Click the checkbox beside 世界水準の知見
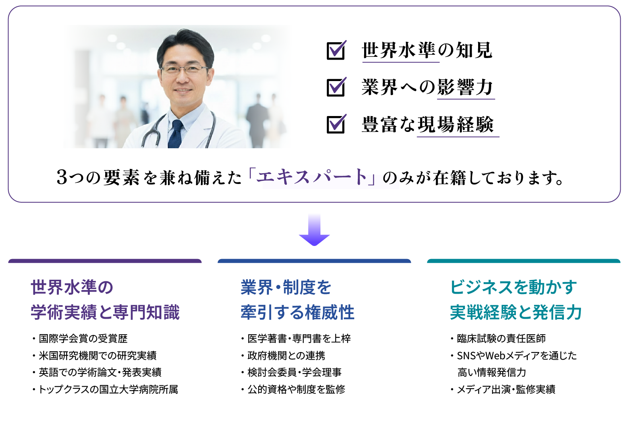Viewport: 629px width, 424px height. [x=336, y=50]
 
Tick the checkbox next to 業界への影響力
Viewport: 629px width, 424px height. [x=336, y=87]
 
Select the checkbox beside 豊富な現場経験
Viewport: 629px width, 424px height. [x=336, y=124]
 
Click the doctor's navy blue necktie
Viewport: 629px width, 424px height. [x=176, y=134]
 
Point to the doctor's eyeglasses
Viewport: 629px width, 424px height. [x=185, y=69]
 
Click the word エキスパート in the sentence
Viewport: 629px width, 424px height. [x=312, y=177]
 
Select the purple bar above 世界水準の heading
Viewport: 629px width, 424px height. [x=105, y=261]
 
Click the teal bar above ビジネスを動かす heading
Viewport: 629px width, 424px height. [x=524, y=261]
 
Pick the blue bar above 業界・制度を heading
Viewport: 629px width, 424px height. [x=314, y=261]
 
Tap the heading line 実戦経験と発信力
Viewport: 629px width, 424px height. [x=515, y=312]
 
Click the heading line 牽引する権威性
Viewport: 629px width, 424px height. [x=298, y=312]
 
